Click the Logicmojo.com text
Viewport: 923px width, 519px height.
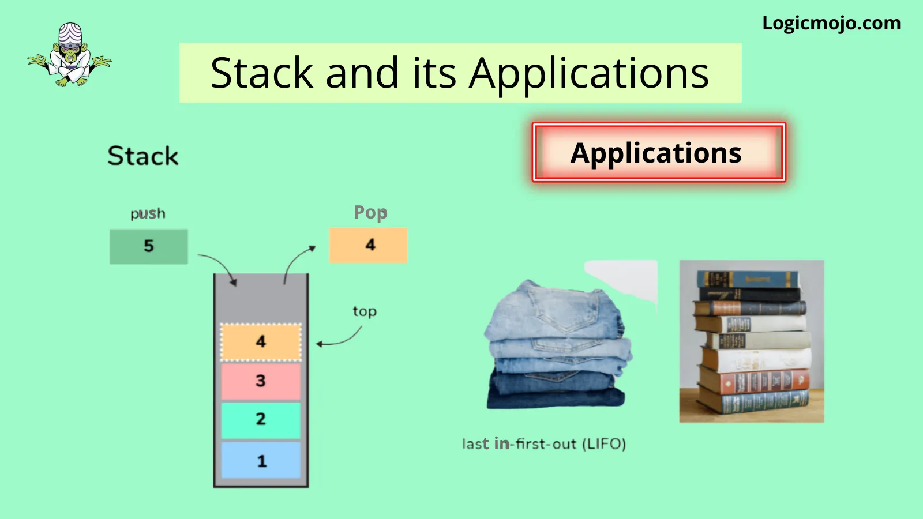tap(831, 24)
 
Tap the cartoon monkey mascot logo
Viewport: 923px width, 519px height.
tap(69, 54)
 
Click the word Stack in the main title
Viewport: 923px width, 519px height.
tap(262, 73)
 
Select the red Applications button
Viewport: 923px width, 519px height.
tap(659, 152)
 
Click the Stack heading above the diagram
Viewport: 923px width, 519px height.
tap(143, 156)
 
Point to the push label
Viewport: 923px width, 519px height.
tap(148, 214)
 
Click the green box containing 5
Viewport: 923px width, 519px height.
tap(149, 246)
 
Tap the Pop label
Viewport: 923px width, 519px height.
tap(370, 213)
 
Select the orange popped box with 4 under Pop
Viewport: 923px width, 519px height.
tap(369, 245)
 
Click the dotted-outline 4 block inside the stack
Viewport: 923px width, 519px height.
tap(261, 342)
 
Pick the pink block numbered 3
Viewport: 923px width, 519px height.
tap(261, 381)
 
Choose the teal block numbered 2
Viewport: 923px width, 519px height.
tap(261, 420)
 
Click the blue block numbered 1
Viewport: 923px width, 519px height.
tap(261, 460)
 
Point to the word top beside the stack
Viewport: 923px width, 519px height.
tap(365, 311)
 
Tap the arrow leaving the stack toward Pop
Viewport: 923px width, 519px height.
tap(294, 259)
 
